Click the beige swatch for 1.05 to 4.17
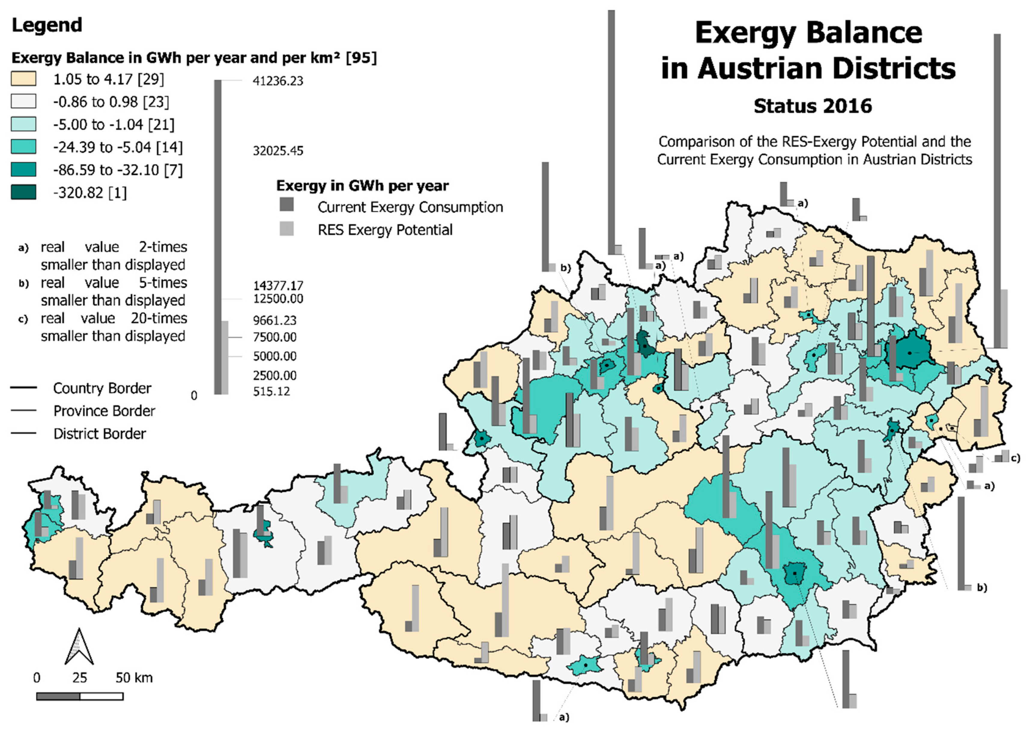[x=23, y=79]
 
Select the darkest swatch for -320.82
[x=23, y=193]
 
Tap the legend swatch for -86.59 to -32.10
[x=23, y=170]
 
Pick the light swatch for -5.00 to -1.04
[x=23, y=124]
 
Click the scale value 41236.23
[x=278, y=81]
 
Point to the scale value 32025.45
[x=278, y=151]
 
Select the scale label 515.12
[x=271, y=391]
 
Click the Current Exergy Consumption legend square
[x=286, y=204]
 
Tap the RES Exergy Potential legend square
[x=286, y=229]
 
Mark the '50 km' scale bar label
[x=134, y=678]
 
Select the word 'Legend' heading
[x=47, y=25]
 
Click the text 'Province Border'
[x=104, y=411]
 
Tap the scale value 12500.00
[x=278, y=299]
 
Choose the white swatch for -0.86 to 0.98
[x=23, y=102]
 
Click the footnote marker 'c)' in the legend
[x=23, y=319]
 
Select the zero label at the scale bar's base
[x=194, y=396]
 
